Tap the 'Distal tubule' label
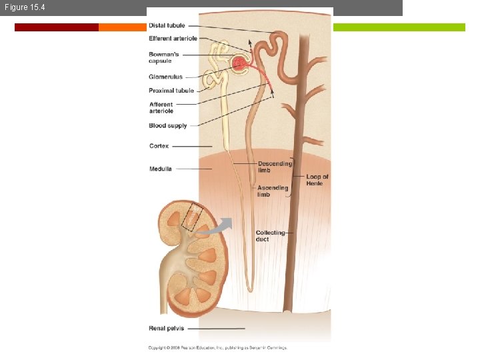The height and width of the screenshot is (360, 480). [x=167, y=26]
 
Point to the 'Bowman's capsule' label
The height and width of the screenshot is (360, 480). [x=164, y=57]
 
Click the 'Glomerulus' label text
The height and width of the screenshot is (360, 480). [x=165, y=77]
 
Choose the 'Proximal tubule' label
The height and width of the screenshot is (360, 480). [x=171, y=91]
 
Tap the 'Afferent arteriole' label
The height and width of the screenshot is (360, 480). [x=161, y=107]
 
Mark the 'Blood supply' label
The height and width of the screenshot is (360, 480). [x=168, y=125]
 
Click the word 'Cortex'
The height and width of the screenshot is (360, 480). [x=159, y=146]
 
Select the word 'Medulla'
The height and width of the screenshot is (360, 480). [x=161, y=169]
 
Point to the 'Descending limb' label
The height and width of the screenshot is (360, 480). [x=275, y=167]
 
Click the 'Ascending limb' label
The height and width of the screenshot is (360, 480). [x=273, y=191]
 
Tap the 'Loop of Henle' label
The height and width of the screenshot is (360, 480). [x=317, y=180]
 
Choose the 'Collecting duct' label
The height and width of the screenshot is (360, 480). [x=270, y=235]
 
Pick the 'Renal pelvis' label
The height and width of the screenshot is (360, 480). [x=167, y=328]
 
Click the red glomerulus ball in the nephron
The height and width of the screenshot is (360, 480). [x=240, y=64]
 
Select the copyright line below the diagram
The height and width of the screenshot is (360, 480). [x=217, y=347]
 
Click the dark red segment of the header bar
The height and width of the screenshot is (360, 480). [x=57, y=27]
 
